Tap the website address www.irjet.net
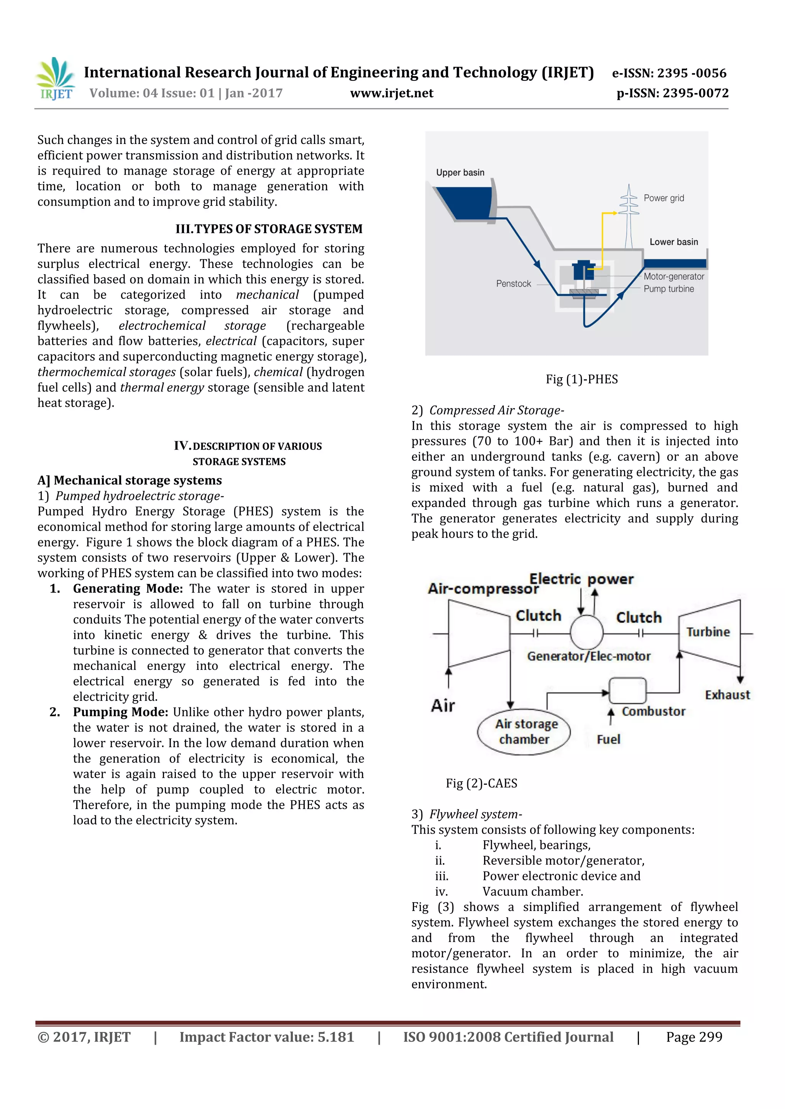coord(391,93)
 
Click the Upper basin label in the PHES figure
coord(460,172)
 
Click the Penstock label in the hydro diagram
coord(513,283)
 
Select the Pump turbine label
coord(668,289)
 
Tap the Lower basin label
coord(673,242)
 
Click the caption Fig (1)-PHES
coord(581,379)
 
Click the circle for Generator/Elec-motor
coord(586,632)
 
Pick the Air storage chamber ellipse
coord(524,731)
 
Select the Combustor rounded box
coord(627,690)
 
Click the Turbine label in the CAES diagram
coord(708,632)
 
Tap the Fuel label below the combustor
coord(608,739)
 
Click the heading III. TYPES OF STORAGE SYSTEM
coord(269,229)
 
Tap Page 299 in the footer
coord(694,1037)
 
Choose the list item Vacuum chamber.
coord(533,891)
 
